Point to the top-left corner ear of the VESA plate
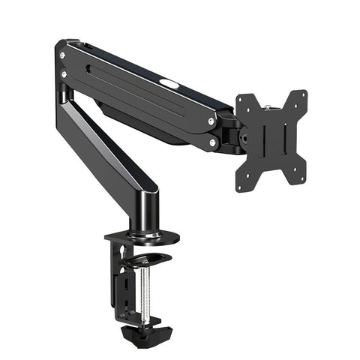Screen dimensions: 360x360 (241, 100)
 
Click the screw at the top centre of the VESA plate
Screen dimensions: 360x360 (271, 105)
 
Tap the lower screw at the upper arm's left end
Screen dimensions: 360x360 (64, 73)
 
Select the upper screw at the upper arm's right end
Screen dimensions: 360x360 (211, 121)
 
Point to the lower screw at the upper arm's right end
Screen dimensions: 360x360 (213, 142)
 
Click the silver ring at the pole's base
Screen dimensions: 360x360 (145, 234)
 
